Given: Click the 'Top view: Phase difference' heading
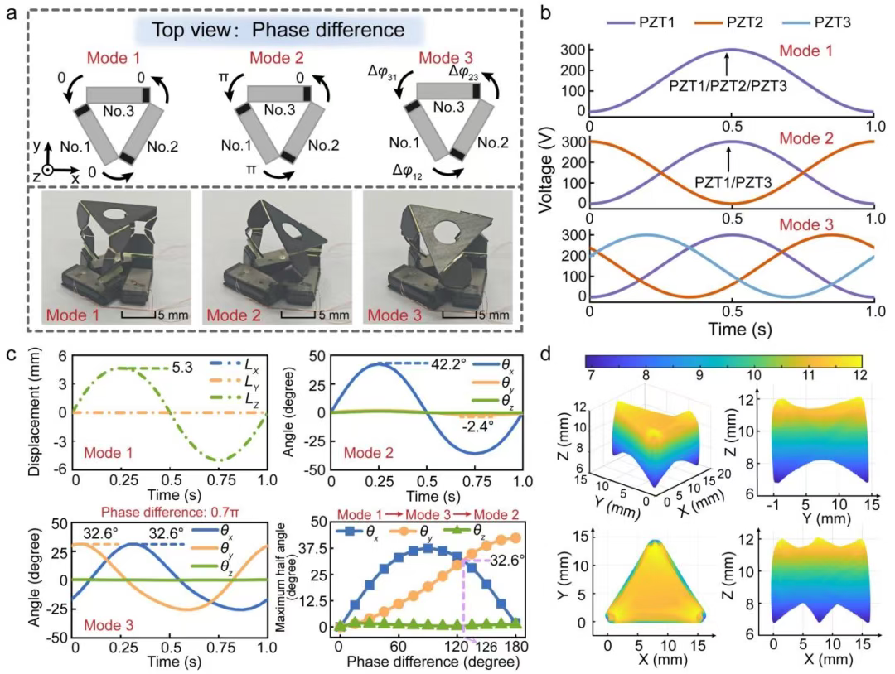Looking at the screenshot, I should point(283,31).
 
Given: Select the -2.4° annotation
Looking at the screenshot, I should point(476,428).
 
